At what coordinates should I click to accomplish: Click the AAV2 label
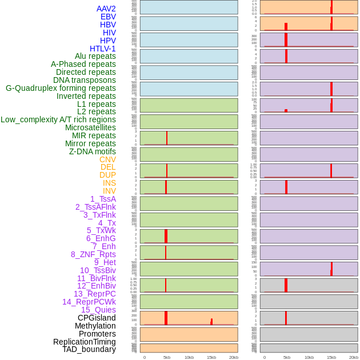[x=106, y=9]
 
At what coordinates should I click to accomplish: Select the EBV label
[x=108, y=17]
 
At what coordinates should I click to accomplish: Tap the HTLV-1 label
[x=103, y=49]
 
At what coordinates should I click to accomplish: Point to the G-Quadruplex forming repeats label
[x=61, y=88]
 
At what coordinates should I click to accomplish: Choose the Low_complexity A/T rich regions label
[x=58, y=119]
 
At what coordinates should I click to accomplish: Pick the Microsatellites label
[x=90, y=127]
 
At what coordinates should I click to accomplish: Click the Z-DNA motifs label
[x=93, y=151]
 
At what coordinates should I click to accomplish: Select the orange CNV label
[x=107, y=159]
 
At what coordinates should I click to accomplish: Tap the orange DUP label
[x=107, y=175]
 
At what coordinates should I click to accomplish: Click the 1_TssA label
[x=103, y=199]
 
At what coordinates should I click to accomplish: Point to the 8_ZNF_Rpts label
[x=93, y=254]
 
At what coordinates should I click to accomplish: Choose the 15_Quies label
[x=98, y=310]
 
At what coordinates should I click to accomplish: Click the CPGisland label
[x=97, y=318]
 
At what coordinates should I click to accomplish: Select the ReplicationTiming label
[x=85, y=342]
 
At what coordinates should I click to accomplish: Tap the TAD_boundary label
[x=89, y=349]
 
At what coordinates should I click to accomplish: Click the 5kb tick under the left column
[x=167, y=357]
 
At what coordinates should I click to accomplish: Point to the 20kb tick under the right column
[x=354, y=357]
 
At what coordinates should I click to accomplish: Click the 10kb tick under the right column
[x=309, y=357]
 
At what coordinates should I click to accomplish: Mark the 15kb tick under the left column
[x=211, y=357]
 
